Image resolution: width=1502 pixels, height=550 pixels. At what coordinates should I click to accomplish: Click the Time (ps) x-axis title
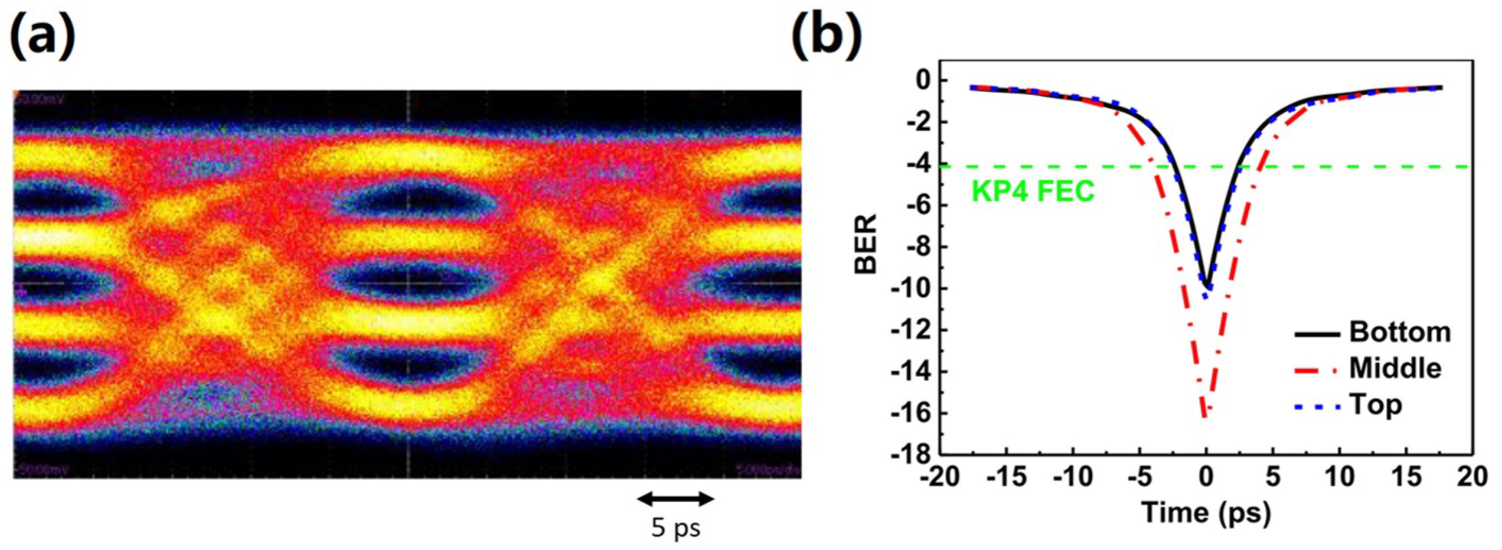click(x=1206, y=513)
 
